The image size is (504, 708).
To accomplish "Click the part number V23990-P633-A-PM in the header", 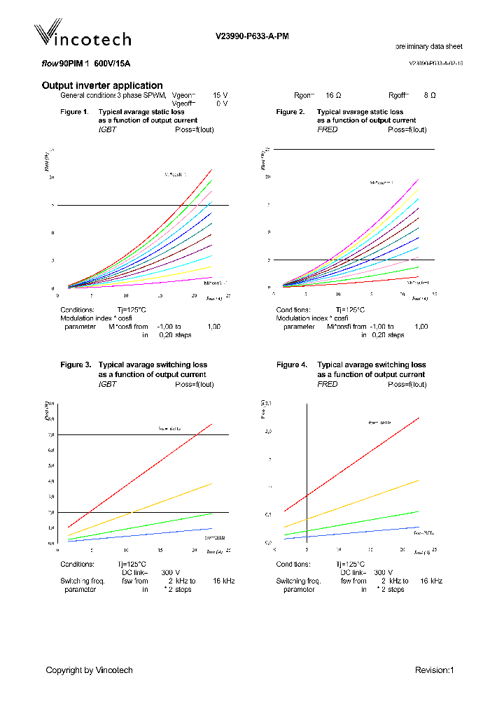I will tap(251, 36).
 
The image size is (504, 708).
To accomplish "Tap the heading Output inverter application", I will tap(102, 85).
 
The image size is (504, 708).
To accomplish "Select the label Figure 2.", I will tap(290, 112).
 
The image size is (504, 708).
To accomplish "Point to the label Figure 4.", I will tap(292, 365).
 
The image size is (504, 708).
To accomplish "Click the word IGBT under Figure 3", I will tap(107, 384).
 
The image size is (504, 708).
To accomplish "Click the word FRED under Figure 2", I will tap(327, 129).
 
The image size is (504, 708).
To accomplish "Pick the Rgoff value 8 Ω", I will tap(430, 94).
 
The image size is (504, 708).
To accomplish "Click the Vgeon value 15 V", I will tap(220, 94).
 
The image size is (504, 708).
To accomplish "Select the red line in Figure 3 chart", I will tap(140, 476).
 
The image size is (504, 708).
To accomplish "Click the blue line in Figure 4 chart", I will tap(350, 532).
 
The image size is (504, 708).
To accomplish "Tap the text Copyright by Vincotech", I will tap(89, 670).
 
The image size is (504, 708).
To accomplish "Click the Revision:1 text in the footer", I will tap(435, 670).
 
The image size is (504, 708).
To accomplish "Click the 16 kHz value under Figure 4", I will tap(431, 581).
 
